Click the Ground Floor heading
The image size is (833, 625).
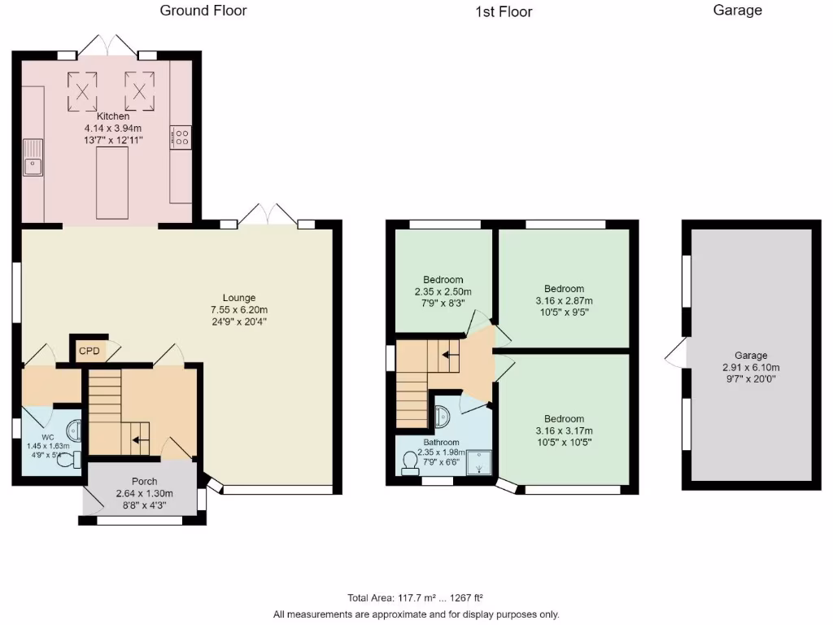(x=203, y=11)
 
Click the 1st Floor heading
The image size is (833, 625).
(x=504, y=11)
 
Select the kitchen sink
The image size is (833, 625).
(x=33, y=158)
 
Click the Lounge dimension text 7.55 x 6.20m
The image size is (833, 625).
(x=239, y=309)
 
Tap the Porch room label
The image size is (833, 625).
(x=138, y=482)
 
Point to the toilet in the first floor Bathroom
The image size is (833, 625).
(x=410, y=463)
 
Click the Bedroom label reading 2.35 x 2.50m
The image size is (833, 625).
(x=443, y=291)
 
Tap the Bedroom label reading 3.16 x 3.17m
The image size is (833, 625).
(x=564, y=431)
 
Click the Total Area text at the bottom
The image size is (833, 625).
(x=416, y=597)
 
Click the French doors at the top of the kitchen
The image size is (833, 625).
(x=107, y=46)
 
